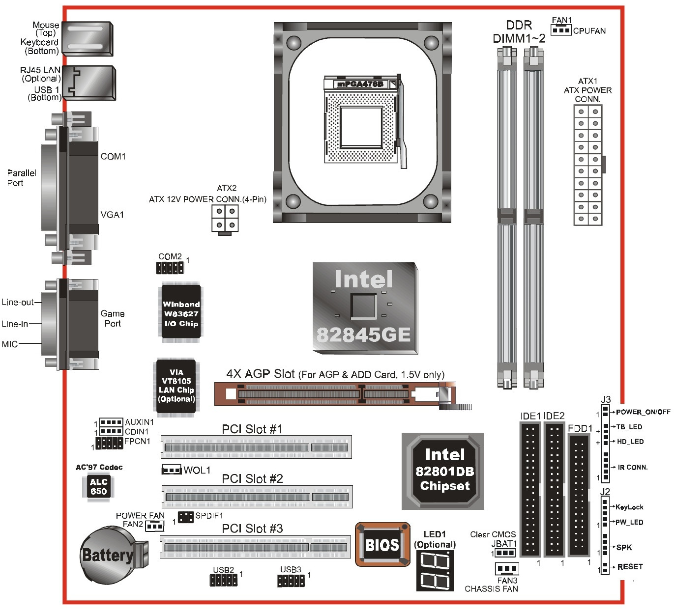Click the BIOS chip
pos(382,544)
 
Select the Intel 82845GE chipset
pos(365,308)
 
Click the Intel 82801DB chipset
pos(443,471)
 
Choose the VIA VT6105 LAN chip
pos(176,386)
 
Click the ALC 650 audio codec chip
pos(98,486)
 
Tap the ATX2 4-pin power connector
pos(225,219)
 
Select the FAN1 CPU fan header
pos(561,30)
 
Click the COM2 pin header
pos(170,268)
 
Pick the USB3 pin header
pos(291,581)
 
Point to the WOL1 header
pos(172,470)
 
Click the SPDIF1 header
pos(185,517)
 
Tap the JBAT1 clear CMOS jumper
pos(505,553)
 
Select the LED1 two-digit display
pos(435,570)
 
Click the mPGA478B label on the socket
pos(360,84)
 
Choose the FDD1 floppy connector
pos(579,496)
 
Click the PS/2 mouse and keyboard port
pos(88,39)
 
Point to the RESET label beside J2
pos(630,567)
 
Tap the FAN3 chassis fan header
pos(507,568)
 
